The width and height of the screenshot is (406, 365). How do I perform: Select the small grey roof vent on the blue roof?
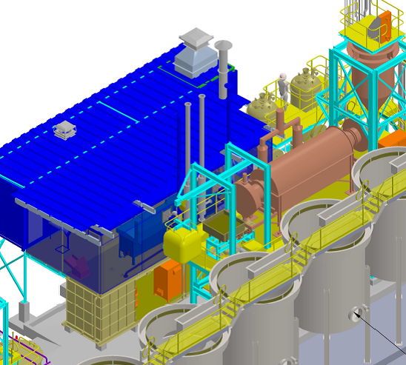click(x=64, y=129)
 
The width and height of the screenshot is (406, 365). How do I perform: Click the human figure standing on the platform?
click(x=282, y=88)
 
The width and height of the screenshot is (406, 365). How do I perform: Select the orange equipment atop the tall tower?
click(x=380, y=26)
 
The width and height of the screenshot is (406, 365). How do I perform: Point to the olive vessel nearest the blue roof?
click(x=261, y=107)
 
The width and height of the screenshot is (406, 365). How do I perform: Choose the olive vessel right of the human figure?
click(x=304, y=87)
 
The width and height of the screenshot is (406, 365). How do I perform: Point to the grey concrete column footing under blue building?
click(x=24, y=311)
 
